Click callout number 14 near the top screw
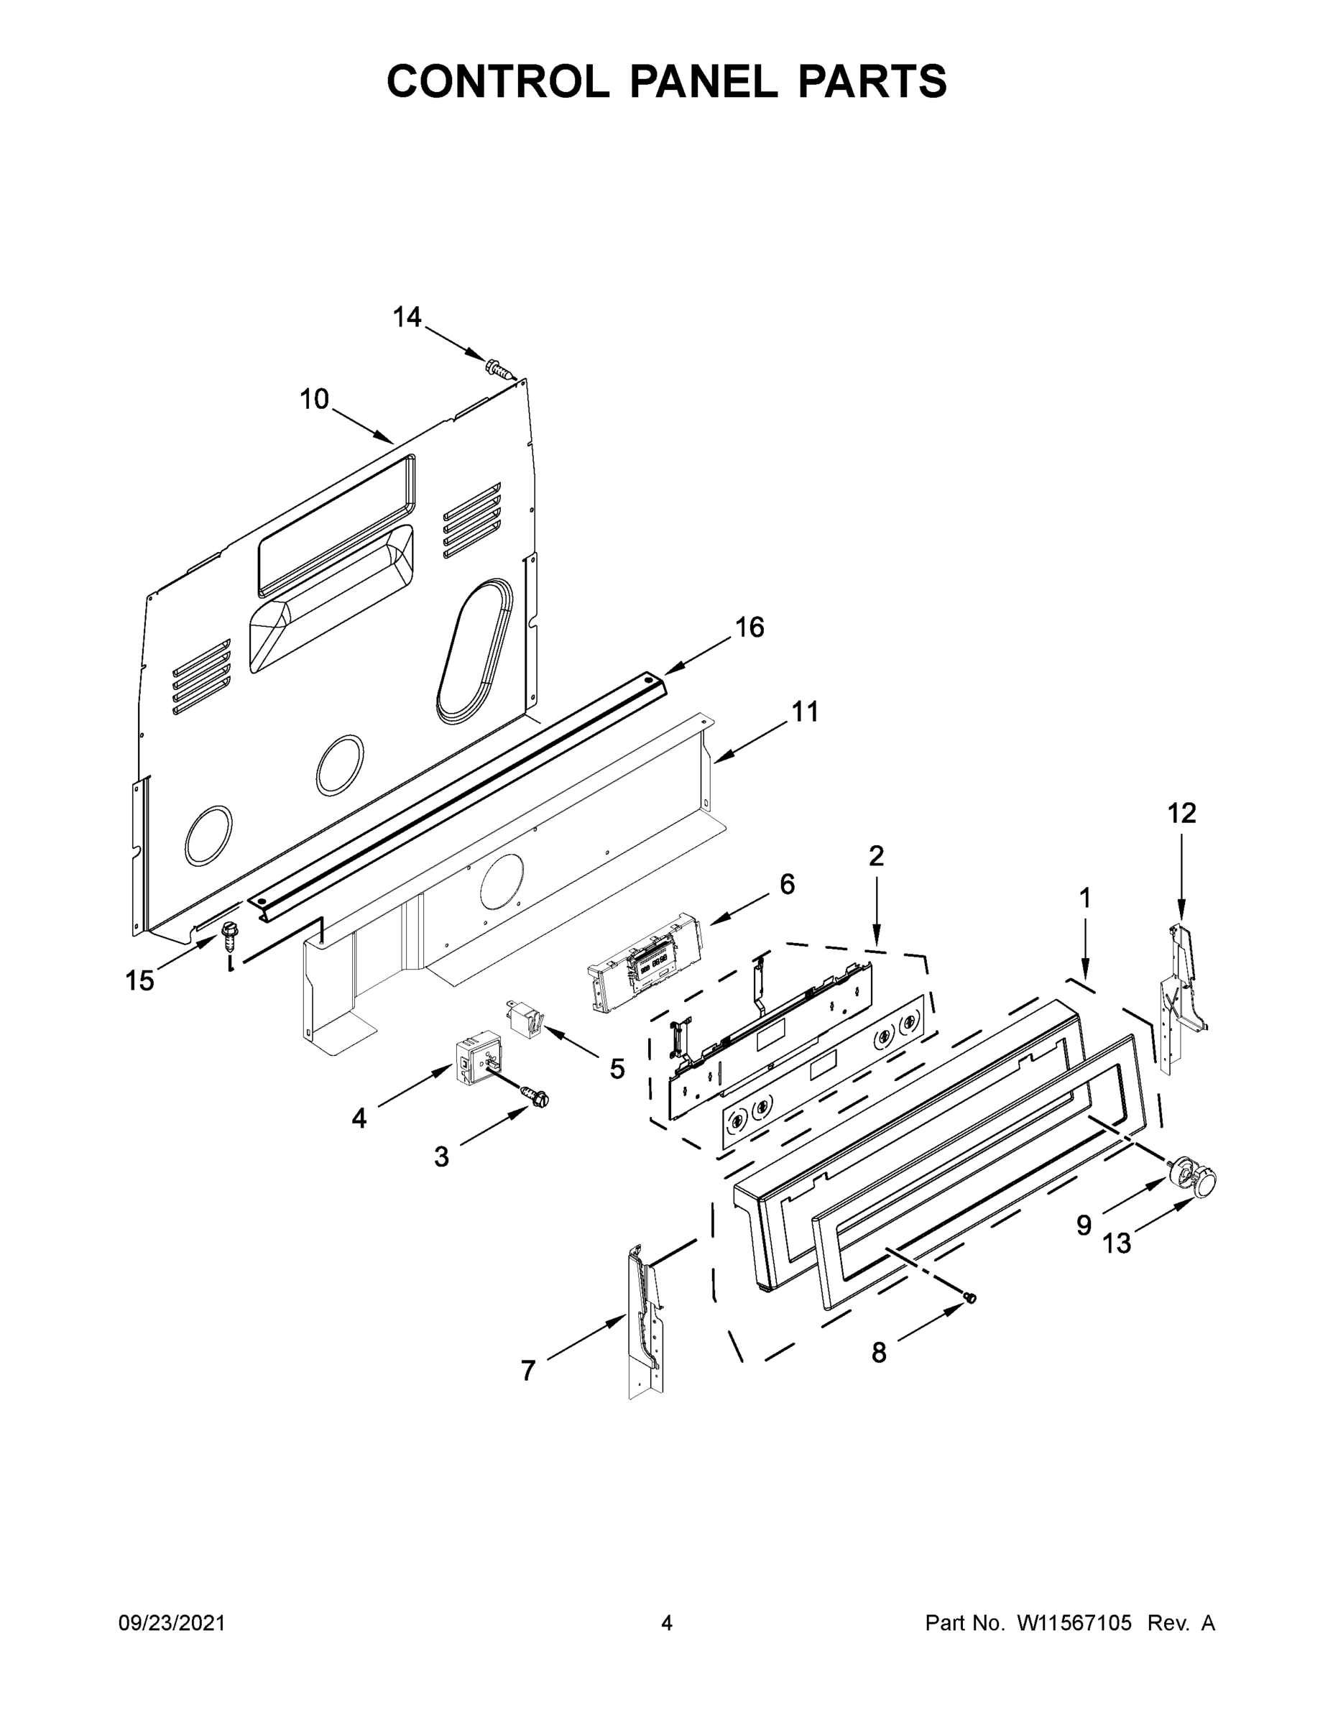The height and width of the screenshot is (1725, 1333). coord(407,318)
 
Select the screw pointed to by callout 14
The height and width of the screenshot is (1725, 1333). coord(498,369)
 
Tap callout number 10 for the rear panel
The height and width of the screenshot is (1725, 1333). coord(313,400)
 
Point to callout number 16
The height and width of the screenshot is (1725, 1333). coord(749,627)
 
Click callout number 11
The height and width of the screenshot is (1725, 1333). coord(805,712)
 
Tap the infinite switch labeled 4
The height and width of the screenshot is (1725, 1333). coord(478,1056)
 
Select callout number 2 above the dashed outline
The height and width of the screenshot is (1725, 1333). coord(876,855)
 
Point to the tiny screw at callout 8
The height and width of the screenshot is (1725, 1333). coord(972,1297)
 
